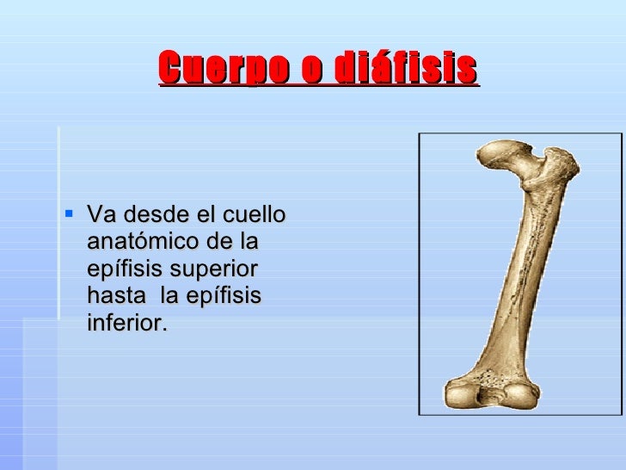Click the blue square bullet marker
click(70, 214)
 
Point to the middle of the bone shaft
click(516, 275)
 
